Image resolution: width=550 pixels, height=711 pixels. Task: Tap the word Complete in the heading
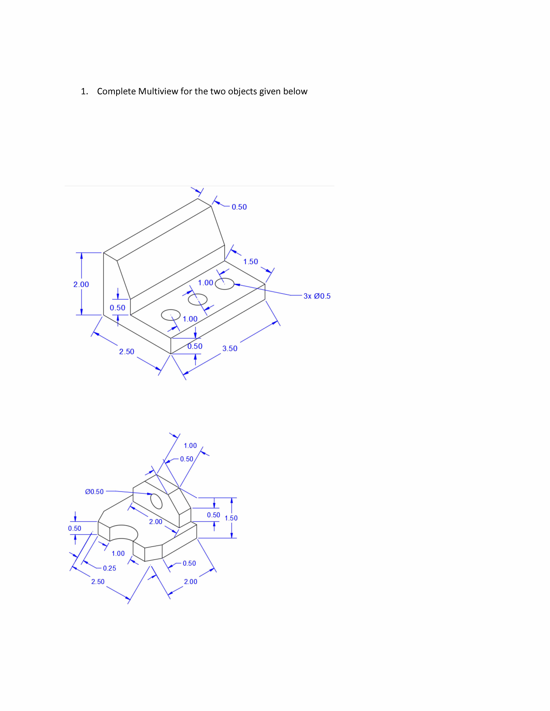point(116,91)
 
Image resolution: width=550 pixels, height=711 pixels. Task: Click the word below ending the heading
point(295,91)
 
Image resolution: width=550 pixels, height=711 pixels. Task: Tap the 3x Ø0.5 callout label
point(317,296)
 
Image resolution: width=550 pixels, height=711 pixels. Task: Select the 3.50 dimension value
point(230,348)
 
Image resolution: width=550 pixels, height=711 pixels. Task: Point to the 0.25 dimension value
point(110,568)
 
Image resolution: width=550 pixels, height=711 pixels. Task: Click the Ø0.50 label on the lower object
point(94,492)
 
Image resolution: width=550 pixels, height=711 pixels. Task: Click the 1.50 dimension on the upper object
point(250,261)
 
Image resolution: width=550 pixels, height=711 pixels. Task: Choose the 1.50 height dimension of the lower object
point(231,518)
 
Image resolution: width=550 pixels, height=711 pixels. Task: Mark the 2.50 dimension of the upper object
point(126,352)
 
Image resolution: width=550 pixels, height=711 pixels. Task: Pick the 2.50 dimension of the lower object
point(98,581)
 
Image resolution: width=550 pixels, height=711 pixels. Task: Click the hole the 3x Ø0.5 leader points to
point(225,284)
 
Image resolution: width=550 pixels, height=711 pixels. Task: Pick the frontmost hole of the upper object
point(171,315)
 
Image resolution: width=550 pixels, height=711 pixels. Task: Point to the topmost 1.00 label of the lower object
point(190,445)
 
